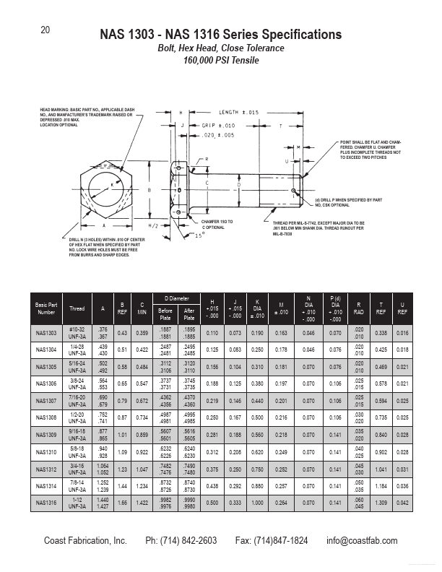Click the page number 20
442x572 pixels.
pos(45,30)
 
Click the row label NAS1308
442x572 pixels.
pos(46,417)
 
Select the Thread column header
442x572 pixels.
pos(77,308)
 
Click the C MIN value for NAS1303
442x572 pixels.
pos(142,333)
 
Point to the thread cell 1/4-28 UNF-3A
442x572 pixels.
pos(77,350)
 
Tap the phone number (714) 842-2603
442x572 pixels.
pos(181,541)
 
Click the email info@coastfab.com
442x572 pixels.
pos(362,541)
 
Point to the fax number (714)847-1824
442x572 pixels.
pos(272,541)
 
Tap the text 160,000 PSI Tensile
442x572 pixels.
pos(220,61)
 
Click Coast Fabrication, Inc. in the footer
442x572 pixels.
pos(85,541)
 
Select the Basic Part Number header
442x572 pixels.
pos(46,308)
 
